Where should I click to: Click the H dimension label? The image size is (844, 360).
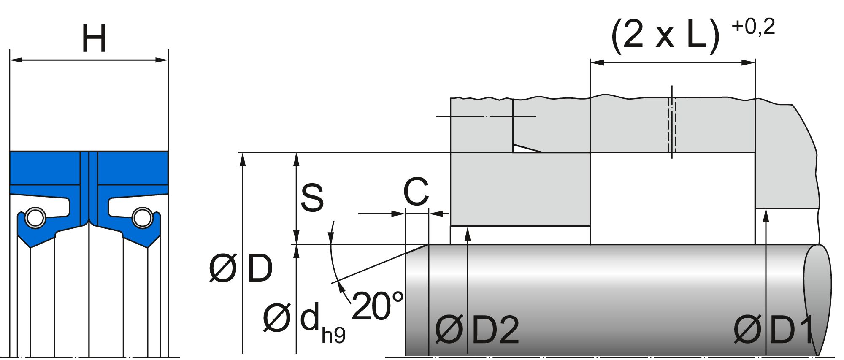coord(94,38)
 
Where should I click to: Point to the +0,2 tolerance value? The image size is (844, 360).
coord(753,27)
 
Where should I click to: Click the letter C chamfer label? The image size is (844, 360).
coord(416,192)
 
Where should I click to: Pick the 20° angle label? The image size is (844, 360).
coord(377,306)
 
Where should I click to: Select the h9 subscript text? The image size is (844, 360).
coord(333,335)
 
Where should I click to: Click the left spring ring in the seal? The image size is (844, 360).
coord(35,218)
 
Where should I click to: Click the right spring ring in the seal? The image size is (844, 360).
coord(142,218)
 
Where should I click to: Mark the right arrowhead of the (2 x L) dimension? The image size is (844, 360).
coord(749,63)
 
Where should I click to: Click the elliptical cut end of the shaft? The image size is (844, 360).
coord(817,300)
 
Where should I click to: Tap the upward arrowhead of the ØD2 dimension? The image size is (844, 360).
coord(468,233)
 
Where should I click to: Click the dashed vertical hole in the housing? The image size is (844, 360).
coord(672,125)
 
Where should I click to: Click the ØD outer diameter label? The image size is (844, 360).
coord(241,268)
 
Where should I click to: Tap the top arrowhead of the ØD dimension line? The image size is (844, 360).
coord(243,160)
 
